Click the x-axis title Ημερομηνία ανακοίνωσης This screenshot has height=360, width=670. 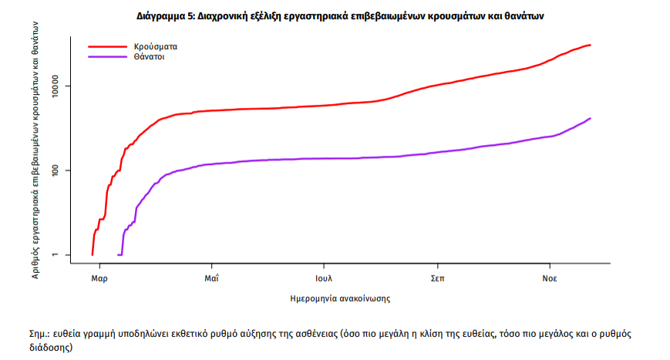point(335,297)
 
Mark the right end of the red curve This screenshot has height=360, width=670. point(591,45)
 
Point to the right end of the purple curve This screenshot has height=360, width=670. point(591,118)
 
